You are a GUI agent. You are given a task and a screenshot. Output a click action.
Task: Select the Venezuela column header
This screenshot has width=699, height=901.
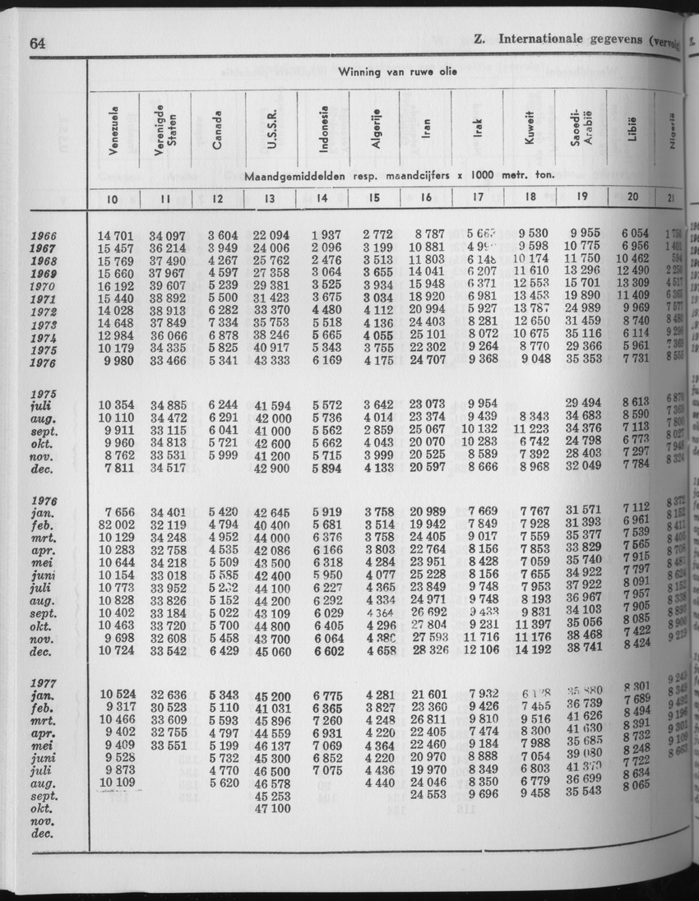[115, 131]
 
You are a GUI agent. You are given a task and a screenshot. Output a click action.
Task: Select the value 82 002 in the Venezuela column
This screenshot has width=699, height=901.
[122, 524]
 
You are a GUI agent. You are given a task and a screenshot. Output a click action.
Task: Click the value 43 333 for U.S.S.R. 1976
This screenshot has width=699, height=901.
[271, 360]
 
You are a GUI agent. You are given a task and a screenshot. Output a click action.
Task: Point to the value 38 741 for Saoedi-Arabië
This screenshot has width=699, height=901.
[585, 648]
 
